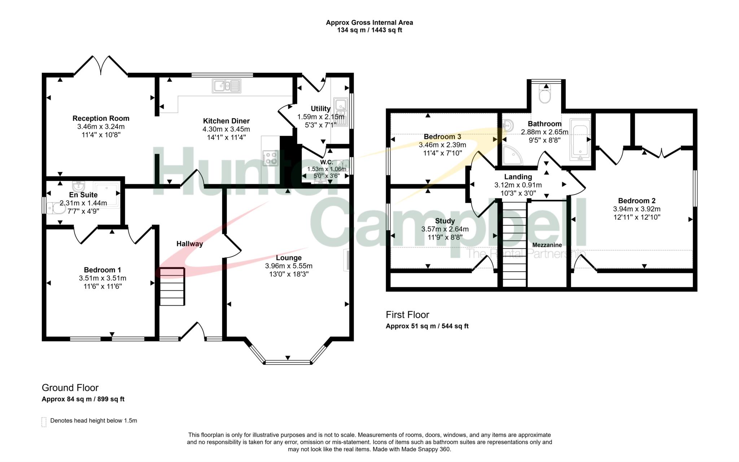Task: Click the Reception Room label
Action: click(x=101, y=118)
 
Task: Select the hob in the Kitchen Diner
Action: click(x=271, y=158)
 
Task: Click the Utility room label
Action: click(x=320, y=108)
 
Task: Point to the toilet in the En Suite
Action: click(x=56, y=208)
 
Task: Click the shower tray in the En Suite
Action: click(x=106, y=195)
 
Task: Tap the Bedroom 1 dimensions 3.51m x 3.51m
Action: click(x=102, y=278)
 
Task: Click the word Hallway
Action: click(x=189, y=244)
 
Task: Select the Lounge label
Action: click(x=288, y=258)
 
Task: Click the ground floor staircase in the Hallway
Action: click(x=172, y=286)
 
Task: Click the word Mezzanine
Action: click(x=547, y=245)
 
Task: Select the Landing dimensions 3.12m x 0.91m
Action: click(x=518, y=185)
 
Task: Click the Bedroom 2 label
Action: click(x=637, y=201)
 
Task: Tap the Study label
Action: click(x=445, y=221)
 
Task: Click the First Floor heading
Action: click(x=407, y=315)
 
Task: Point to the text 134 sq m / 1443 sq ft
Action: click(x=369, y=30)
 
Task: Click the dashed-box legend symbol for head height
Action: click(x=44, y=422)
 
